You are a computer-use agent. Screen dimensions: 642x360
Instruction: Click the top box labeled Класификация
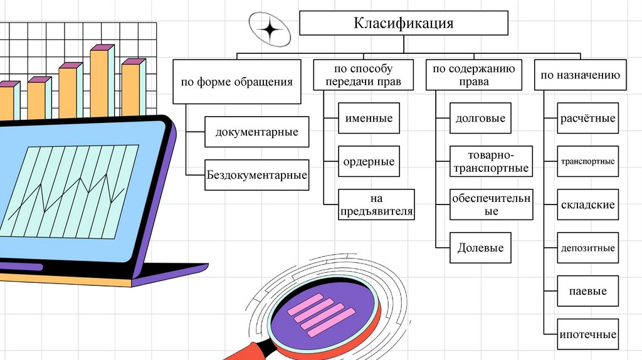(403, 24)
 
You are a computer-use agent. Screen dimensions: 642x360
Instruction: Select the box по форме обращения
(236, 82)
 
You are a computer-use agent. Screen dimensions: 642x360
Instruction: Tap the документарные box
(256, 132)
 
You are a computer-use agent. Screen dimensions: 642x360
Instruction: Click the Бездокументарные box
(256, 175)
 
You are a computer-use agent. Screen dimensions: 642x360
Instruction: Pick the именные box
(369, 118)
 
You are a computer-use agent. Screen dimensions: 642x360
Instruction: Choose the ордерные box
(369, 161)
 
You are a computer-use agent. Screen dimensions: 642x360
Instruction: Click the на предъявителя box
(376, 204)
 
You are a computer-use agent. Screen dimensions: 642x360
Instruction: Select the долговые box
(481, 118)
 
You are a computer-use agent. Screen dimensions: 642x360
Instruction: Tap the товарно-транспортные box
(490, 161)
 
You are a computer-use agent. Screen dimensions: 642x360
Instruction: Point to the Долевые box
(481, 247)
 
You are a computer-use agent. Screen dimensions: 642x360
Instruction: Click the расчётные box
(587, 118)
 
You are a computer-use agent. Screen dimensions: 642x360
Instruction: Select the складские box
(587, 204)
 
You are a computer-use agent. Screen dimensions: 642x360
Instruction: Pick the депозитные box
(587, 248)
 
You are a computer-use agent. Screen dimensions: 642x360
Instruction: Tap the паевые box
(587, 291)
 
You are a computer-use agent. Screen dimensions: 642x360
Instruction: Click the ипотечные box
(587, 334)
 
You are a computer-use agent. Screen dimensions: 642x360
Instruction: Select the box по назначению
(580, 75)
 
